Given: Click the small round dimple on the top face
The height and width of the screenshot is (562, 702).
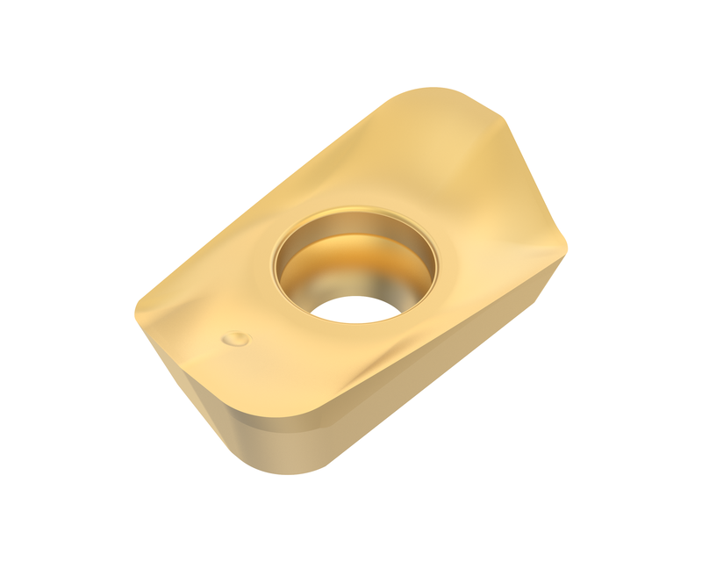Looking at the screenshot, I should tap(236, 338).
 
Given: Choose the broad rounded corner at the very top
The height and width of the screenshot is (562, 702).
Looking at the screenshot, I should tap(430, 90).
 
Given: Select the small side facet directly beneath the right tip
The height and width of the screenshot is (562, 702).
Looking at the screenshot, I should tap(548, 281).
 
